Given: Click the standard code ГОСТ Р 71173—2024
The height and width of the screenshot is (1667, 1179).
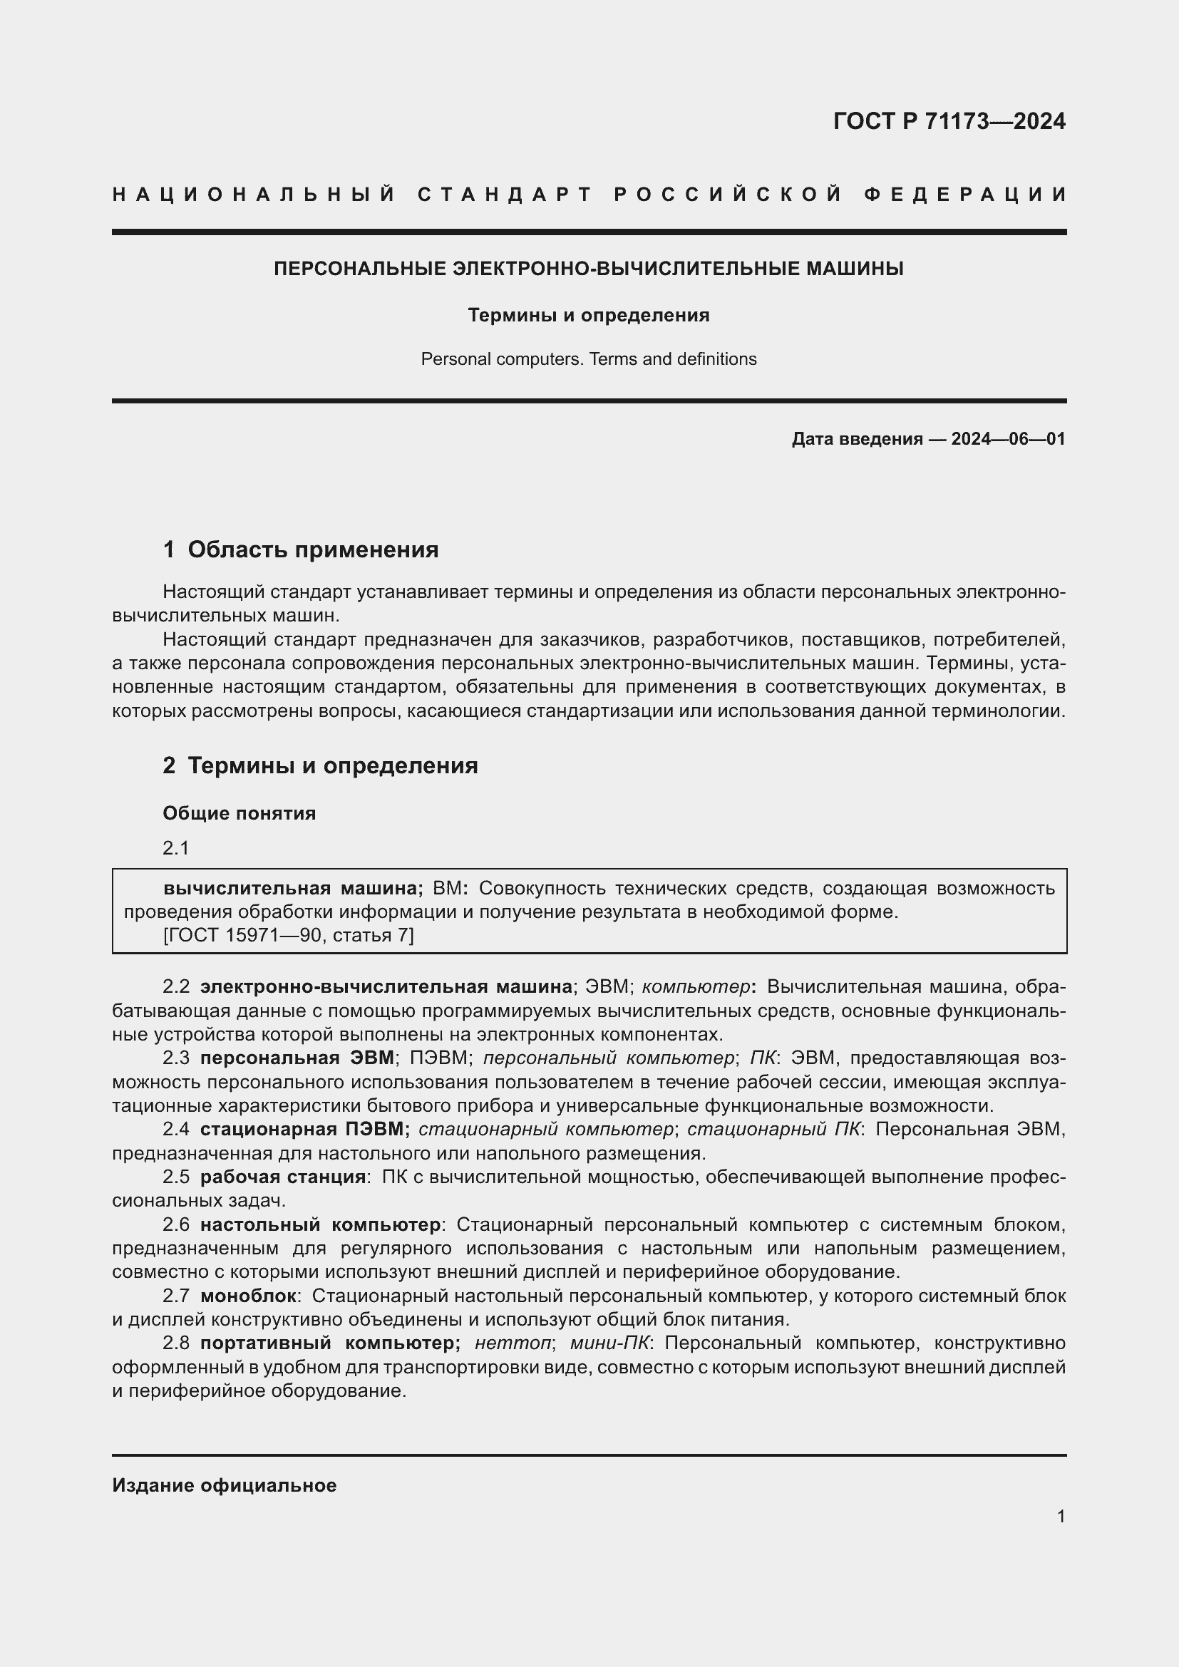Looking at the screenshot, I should (x=949, y=121).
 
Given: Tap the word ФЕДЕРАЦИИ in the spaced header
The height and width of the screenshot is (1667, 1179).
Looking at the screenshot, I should (x=965, y=195).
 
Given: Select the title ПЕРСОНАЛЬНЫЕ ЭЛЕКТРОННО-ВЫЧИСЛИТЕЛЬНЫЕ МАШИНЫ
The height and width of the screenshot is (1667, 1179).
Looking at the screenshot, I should (x=589, y=269).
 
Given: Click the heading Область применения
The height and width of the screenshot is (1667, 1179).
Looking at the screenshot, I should (x=313, y=549).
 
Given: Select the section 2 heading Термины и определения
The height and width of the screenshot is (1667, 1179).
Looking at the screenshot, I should (x=332, y=766).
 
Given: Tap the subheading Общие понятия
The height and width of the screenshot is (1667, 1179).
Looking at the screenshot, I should (x=240, y=813).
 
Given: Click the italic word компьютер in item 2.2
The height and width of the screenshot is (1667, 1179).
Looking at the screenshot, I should (x=696, y=986).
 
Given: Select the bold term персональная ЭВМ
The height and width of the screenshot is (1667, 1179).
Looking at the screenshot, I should (x=297, y=1058).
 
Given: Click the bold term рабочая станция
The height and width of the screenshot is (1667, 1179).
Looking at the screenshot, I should (x=283, y=1177).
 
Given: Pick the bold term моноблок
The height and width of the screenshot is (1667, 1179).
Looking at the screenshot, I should (x=248, y=1296).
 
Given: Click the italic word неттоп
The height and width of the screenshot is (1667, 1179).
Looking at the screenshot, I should (x=513, y=1343).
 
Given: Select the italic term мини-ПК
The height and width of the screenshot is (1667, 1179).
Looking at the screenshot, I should (x=611, y=1343).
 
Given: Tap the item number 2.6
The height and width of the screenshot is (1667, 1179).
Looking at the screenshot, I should (x=175, y=1225).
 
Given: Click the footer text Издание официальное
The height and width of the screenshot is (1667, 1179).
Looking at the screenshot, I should (x=225, y=1485).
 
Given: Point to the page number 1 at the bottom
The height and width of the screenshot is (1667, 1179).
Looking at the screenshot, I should (x=1061, y=1517).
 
